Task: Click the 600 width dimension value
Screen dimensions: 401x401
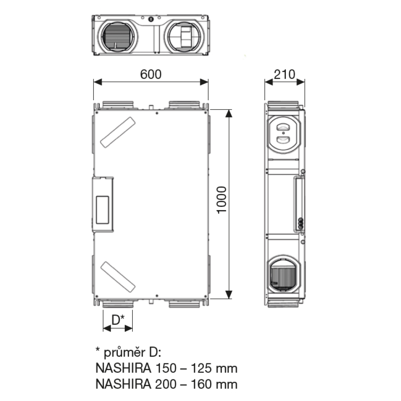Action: [x=151, y=75]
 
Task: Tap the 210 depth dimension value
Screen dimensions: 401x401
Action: [x=284, y=75]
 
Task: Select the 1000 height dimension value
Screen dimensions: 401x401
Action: [x=222, y=200]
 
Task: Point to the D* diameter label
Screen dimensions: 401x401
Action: [x=118, y=320]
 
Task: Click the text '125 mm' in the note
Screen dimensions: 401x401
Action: [x=214, y=369]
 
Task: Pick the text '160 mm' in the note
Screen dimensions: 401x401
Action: [x=214, y=385]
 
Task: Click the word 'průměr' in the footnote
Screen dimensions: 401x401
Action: [x=124, y=352]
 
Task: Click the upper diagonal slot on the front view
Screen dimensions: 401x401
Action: [x=117, y=132]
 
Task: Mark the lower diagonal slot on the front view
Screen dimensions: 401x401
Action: [x=117, y=277]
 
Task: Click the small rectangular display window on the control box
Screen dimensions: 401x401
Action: [x=102, y=210]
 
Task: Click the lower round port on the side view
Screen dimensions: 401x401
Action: [x=283, y=274]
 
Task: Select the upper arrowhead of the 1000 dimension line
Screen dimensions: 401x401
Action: [x=229, y=113]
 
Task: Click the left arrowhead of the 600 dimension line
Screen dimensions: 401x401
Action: [x=98, y=82]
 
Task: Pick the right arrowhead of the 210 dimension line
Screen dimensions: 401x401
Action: [x=300, y=82]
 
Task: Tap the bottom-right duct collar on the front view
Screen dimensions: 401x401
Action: [x=184, y=304]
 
